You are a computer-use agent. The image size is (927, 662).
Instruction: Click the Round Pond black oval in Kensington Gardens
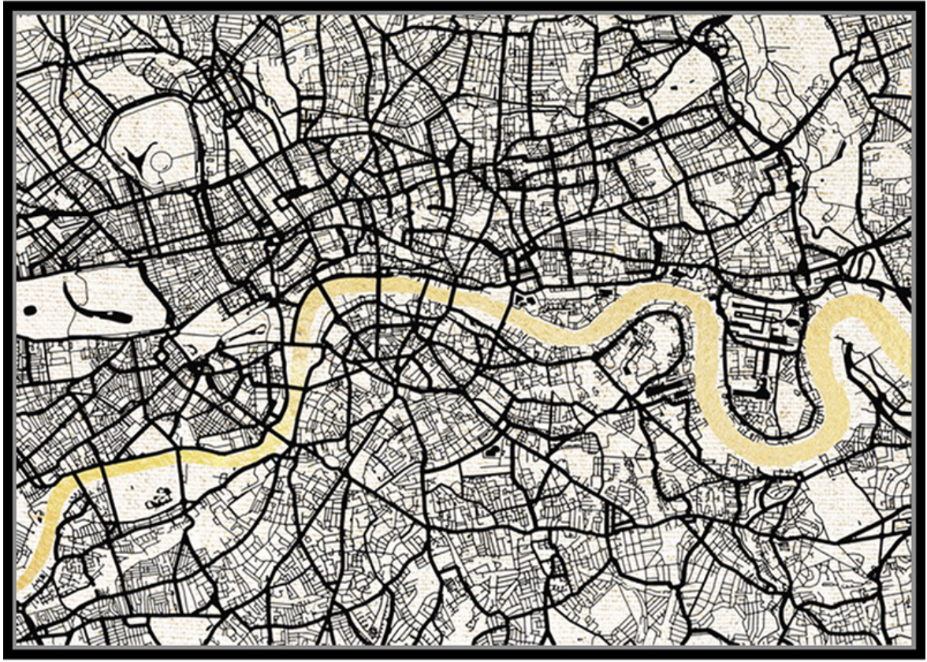(x=30, y=311)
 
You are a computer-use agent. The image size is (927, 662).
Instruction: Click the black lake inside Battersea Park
(x=158, y=497)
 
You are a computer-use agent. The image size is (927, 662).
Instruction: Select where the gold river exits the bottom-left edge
(x=24, y=583)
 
